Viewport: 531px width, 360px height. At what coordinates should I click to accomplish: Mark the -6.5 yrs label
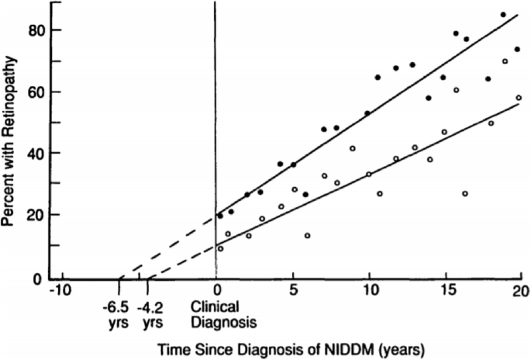118,311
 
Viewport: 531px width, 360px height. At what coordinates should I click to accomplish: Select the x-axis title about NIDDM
292,344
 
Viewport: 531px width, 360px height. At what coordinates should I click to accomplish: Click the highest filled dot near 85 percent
503,15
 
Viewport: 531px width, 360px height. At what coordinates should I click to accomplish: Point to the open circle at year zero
220,248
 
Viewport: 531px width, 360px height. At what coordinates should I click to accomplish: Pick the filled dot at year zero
220,216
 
